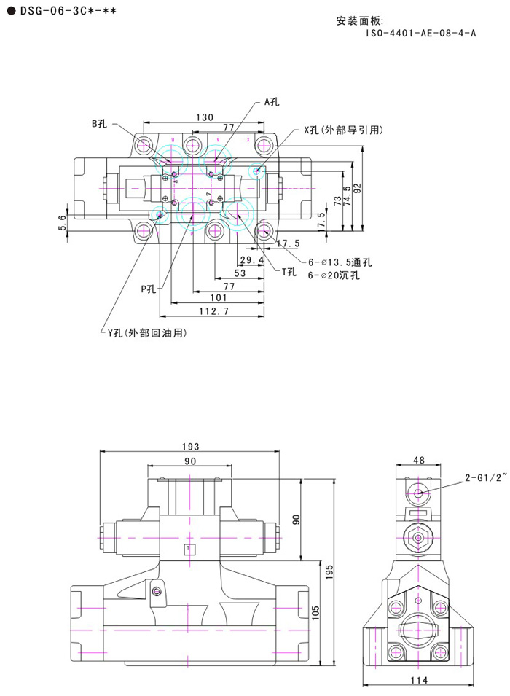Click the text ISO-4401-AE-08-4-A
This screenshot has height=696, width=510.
pos(421,33)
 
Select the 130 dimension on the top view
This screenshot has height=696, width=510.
pos(205,117)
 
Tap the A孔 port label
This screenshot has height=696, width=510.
pos(272,102)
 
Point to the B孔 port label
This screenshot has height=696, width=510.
pos(100,123)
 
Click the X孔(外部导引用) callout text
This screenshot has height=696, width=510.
pos(343,130)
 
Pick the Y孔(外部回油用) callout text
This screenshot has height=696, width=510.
pos(147,333)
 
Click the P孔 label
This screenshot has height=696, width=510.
pos(149,289)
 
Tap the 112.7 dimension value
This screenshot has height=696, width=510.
pos(214,312)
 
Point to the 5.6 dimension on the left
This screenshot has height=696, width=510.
pos(63,222)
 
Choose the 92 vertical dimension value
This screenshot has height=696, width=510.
pos(357,188)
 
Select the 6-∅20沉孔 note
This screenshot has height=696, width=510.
pos(334,275)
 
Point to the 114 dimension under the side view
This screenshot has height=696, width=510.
pos(417,681)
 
